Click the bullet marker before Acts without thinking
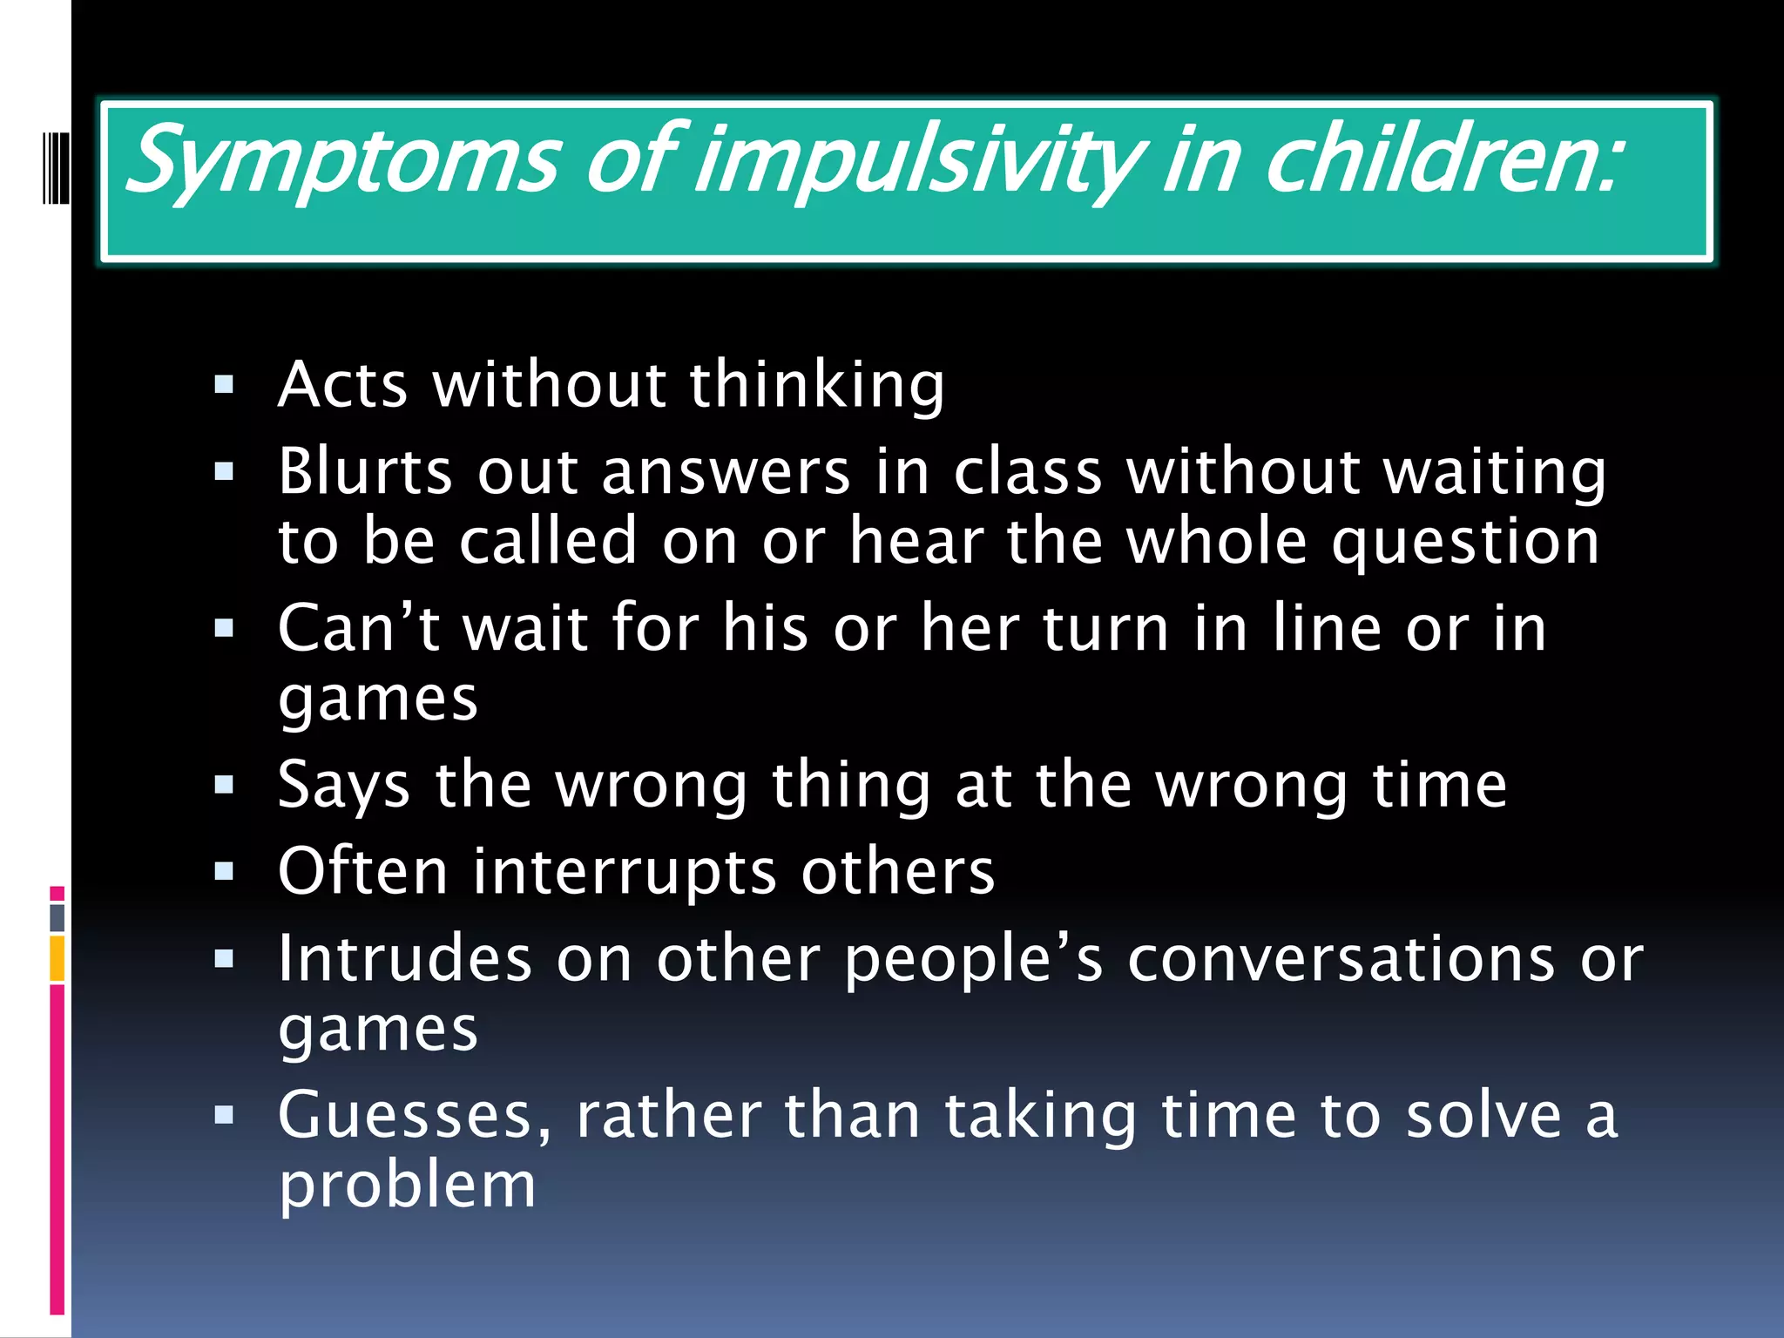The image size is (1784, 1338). (x=224, y=385)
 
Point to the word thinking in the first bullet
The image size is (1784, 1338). (x=816, y=385)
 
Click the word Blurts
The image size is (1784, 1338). (x=365, y=472)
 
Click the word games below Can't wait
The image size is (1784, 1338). (x=378, y=699)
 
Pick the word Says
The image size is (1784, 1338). (x=343, y=786)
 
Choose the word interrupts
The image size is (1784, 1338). (x=624, y=872)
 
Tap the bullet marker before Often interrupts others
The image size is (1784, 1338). (x=224, y=872)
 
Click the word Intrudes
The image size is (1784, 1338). (x=404, y=959)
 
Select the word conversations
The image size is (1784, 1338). (x=1341, y=959)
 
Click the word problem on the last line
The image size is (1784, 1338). (x=407, y=1186)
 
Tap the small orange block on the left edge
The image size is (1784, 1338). (x=57, y=958)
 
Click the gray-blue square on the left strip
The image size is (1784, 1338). (x=57, y=917)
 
